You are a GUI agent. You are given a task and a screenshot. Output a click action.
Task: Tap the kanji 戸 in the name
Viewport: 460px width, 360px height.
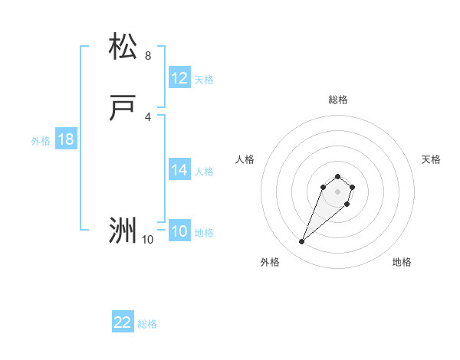point(124,109)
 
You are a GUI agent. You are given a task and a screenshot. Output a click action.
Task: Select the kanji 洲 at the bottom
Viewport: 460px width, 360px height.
point(124,230)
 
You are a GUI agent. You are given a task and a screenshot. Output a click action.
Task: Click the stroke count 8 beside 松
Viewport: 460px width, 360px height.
point(148,56)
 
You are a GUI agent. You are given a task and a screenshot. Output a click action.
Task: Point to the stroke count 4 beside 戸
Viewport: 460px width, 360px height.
point(148,116)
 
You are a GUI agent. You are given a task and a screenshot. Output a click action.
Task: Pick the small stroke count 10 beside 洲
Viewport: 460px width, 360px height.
point(148,240)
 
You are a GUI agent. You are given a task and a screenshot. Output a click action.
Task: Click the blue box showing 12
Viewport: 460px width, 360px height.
point(179,78)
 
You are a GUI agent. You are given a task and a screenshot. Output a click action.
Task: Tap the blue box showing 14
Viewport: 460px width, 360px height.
point(179,171)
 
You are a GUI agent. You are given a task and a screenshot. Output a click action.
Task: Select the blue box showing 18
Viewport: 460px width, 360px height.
point(66,139)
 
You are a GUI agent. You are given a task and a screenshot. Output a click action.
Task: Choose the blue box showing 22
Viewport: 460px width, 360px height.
point(123,322)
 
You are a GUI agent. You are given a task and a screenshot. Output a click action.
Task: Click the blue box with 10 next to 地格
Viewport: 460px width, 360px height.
point(179,232)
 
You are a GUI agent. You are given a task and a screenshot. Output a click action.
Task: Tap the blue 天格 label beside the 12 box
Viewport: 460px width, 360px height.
point(204,80)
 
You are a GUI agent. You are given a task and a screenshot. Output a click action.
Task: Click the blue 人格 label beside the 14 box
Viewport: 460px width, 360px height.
point(204,172)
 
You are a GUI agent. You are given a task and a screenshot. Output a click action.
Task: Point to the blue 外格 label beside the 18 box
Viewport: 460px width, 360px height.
point(41,141)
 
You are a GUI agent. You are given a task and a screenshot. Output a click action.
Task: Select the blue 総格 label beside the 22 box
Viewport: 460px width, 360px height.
point(147,324)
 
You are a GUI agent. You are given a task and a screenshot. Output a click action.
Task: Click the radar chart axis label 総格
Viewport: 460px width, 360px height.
point(338,100)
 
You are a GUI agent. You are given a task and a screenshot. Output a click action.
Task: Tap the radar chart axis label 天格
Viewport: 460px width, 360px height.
point(431,159)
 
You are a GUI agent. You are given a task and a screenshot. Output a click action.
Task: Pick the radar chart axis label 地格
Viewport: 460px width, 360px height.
point(402,262)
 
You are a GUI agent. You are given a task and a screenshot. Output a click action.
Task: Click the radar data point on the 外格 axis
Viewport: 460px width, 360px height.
point(302,242)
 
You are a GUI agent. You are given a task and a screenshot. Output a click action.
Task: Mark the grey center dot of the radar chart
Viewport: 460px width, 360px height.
point(338,191)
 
